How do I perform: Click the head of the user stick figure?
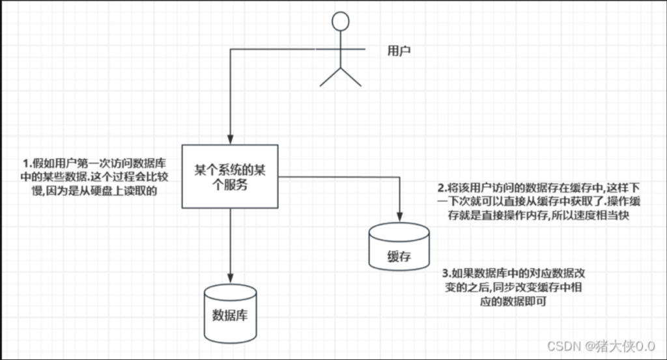340,22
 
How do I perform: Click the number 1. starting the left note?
27,163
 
